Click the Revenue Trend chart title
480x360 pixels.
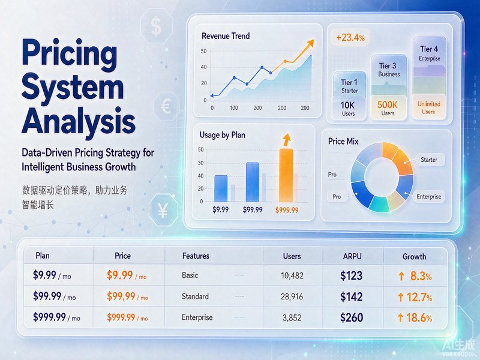[x=226, y=36]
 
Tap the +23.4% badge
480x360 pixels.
[x=350, y=38]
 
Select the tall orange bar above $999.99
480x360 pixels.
[x=286, y=175]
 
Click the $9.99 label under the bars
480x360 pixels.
[x=220, y=209]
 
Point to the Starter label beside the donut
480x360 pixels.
[x=428, y=160]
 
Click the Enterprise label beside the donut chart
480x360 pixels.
[x=428, y=197]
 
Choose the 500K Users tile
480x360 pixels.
[x=388, y=108]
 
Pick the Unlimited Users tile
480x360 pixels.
[x=428, y=107]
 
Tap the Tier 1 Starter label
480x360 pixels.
[x=349, y=86]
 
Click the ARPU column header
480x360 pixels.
[x=352, y=256]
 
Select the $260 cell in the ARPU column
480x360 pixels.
[x=352, y=317]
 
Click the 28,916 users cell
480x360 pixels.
[x=292, y=296]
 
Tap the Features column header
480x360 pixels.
[x=196, y=256]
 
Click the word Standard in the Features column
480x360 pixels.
[x=195, y=296]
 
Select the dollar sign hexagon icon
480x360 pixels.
[x=156, y=26]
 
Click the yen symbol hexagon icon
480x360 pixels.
[x=163, y=211]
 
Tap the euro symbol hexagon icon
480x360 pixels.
[x=166, y=106]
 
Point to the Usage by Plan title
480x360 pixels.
[x=222, y=135]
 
